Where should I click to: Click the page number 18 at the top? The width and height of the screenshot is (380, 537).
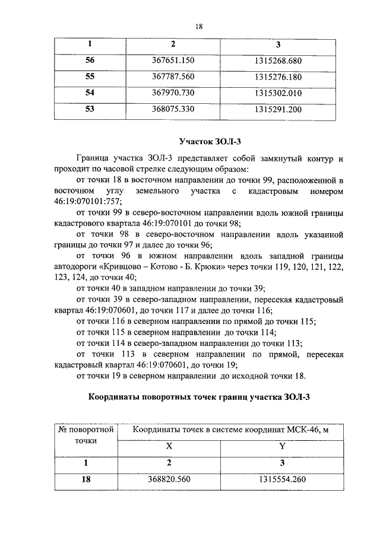(199, 26)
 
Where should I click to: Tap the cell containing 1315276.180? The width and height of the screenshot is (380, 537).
(278, 77)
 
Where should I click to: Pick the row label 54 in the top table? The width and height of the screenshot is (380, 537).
(90, 93)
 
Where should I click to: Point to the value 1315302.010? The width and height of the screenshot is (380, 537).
(278, 93)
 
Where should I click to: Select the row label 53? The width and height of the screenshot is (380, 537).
(90, 109)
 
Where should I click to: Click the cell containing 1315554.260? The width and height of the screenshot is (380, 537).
(282, 479)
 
